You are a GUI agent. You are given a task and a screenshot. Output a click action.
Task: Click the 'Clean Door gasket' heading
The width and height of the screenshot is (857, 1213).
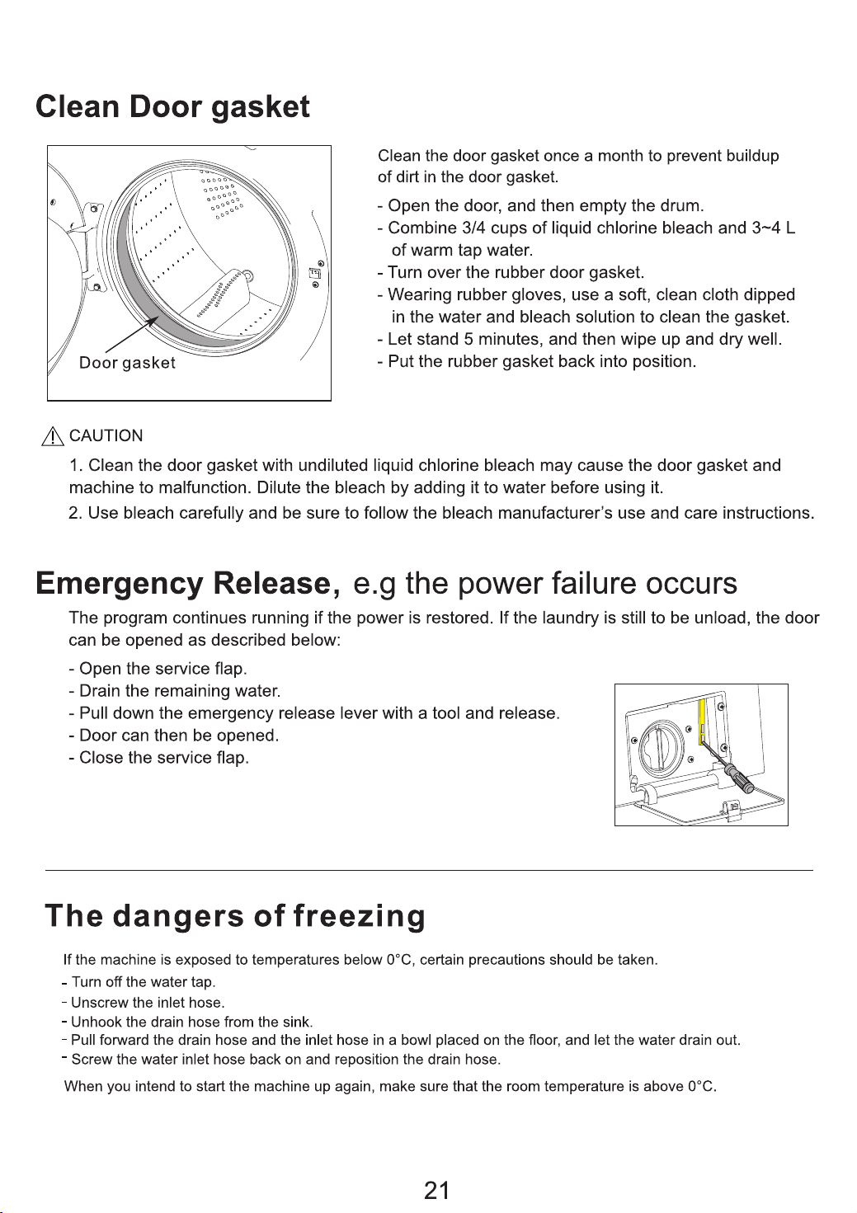(172, 106)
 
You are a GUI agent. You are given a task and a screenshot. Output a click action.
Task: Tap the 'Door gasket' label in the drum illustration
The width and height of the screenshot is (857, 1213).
(127, 363)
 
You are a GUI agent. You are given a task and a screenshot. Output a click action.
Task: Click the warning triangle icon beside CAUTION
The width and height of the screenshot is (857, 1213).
(52, 436)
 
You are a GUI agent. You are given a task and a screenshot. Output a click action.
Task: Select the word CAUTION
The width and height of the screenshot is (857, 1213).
(106, 436)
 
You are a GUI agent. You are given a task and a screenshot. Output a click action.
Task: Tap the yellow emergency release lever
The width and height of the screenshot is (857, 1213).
(703, 722)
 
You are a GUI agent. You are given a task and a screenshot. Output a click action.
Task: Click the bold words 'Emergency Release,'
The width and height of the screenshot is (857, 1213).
(189, 584)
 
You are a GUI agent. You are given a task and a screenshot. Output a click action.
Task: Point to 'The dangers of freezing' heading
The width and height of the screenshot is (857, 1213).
(235, 917)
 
